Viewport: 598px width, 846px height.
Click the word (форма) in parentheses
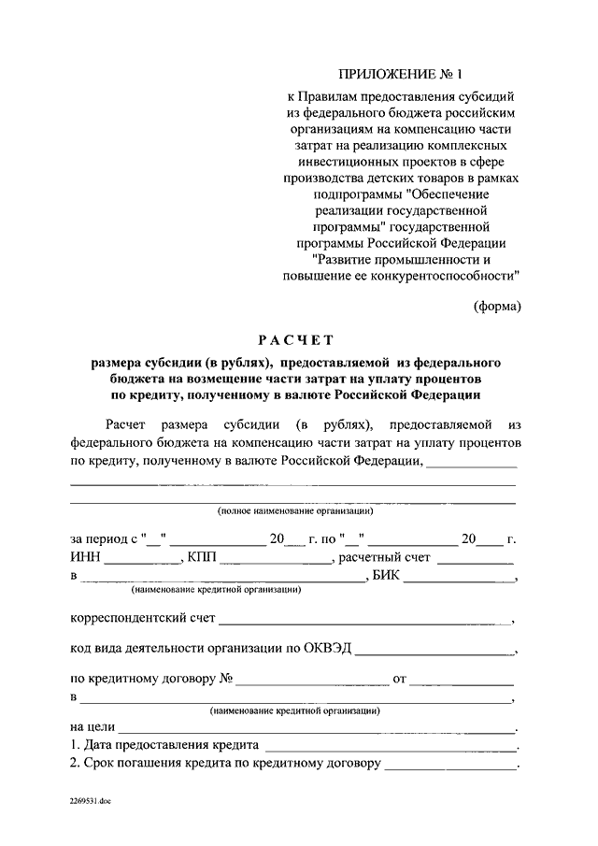tap(496, 306)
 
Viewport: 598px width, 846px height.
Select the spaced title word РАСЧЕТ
tap(295, 339)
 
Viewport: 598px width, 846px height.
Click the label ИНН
tap(85, 558)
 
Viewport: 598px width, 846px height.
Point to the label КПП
tap(202, 558)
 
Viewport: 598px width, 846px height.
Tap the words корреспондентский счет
tap(143, 619)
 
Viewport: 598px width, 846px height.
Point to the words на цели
tap(92, 725)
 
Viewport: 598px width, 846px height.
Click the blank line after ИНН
tap(142, 561)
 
